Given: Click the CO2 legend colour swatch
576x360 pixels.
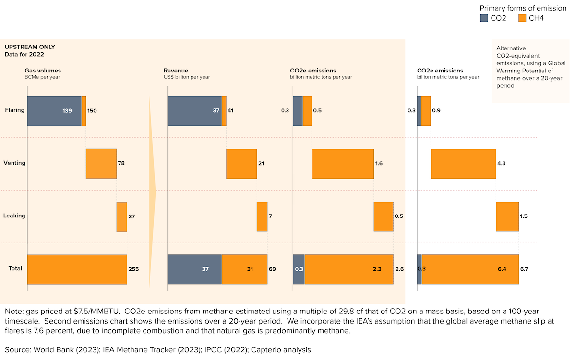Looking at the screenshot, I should point(484,18).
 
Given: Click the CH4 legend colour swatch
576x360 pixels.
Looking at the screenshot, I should point(523,18).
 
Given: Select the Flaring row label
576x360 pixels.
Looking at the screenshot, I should point(15,110).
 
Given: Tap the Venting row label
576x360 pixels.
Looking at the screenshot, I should point(14,163).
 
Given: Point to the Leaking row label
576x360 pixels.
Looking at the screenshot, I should point(15,216).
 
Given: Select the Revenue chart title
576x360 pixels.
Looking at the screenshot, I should point(176,71).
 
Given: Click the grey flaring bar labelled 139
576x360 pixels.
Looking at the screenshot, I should point(54,111).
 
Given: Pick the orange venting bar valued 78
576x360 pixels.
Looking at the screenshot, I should point(101,164).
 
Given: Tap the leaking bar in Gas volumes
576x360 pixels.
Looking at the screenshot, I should point(121,216).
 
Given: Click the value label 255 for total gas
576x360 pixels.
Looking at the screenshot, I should point(133,269).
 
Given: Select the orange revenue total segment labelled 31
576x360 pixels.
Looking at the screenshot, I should point(245,269).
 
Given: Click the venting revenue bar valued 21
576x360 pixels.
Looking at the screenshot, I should point(241,164).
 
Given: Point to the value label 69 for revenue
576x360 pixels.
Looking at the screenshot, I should point(272,269).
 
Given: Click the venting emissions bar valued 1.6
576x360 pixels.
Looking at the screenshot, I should point(343,164).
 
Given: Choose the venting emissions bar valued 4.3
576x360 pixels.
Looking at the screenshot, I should point(463,164).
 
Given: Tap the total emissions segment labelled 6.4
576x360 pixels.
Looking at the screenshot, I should point(470,269).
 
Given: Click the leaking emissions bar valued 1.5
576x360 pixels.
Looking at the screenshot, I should point(507,216).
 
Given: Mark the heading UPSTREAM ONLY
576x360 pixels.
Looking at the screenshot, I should point(30,47).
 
